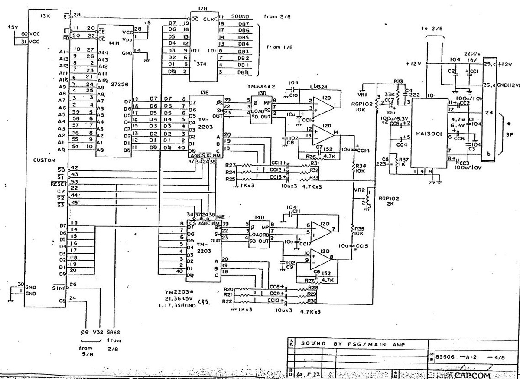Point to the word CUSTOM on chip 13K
tap(44, 160)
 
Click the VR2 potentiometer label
tap(359, 190)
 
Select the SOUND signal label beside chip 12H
tap(240, 16)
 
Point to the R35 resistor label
tap(359, 229)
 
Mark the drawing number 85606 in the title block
tap(443, 357)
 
